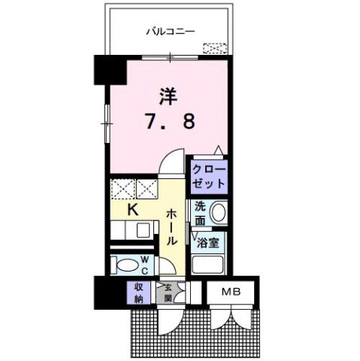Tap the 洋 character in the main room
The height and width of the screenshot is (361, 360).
168,96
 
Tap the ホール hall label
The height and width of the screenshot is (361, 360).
171,227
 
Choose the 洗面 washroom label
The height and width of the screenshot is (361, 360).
200,213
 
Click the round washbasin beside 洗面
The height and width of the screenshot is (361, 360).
218,213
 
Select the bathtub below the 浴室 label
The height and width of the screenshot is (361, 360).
209,263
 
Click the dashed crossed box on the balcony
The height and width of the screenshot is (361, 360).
214,49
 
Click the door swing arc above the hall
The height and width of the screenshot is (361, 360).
173,162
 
